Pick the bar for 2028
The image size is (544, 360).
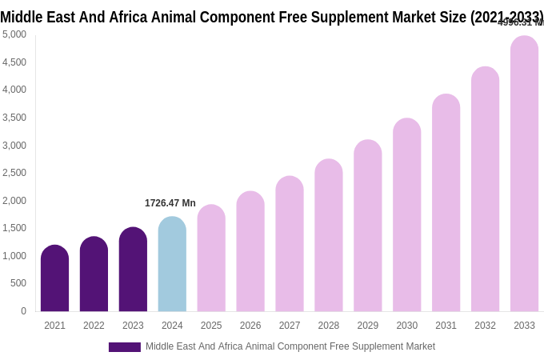pyautogui.click(x=329, y=235)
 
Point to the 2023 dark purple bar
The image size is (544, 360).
pyautogui.click(x=133, y=270)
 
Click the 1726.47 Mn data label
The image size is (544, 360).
pyautogui.click(x=170, y=203)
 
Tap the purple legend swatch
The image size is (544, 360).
pyautogui.click(x=125, y=347)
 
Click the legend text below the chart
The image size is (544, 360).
pyautogui.click(x=290, y=346)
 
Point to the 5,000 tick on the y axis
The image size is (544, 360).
pyautogui.click(x=14, y=34)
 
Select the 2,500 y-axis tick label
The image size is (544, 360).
pyautogui.click(x=14, y=173)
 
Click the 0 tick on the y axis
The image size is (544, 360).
pyautogui.click(x=23, y=311)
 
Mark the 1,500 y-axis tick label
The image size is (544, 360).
pyautogui.click(x=14, y=228)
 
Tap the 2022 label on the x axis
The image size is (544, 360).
pyautogui.click(x=94, y=326)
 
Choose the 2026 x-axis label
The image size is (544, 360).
pyautogui.click(x=250, y=326)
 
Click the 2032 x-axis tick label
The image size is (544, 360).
pyautogui.click(x=485, y=326)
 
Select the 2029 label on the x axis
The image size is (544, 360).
pyautogui.click(x=368, y=326)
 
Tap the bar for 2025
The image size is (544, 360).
pyautogui.click(x=211, y=258)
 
